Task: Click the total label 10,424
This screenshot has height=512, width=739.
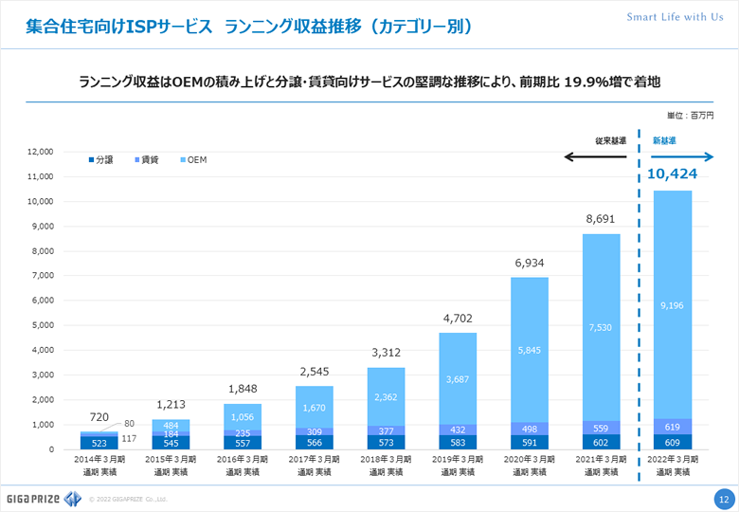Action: pos(673,174)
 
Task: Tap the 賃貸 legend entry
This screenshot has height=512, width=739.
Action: pos(147,160)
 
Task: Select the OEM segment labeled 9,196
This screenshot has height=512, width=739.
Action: pos(673,304)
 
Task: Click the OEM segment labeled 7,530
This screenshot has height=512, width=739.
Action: pos(601,327)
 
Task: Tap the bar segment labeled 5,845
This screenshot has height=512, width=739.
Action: pos(529,349)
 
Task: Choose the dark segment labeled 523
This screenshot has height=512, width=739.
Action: pos(99,442)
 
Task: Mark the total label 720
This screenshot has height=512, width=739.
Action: pos(99,417)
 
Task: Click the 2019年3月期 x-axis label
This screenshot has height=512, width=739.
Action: pos(458,465)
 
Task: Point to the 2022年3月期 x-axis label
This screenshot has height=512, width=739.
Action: pos(673,465)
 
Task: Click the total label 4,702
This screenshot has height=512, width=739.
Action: pos(458,319)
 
